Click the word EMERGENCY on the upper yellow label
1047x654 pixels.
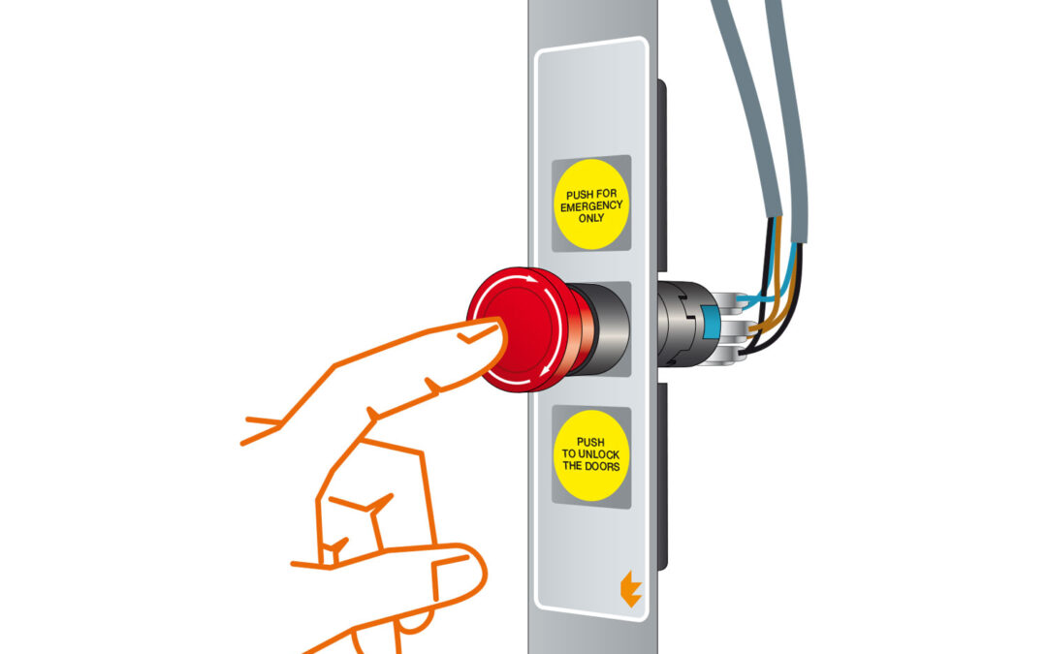591,206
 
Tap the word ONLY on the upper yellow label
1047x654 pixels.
591,218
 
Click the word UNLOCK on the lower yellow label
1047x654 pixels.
598,454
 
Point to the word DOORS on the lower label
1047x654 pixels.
602,466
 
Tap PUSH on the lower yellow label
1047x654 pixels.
590,442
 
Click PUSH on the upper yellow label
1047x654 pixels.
580,195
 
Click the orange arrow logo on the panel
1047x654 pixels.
630,589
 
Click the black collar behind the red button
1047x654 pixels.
605,328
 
